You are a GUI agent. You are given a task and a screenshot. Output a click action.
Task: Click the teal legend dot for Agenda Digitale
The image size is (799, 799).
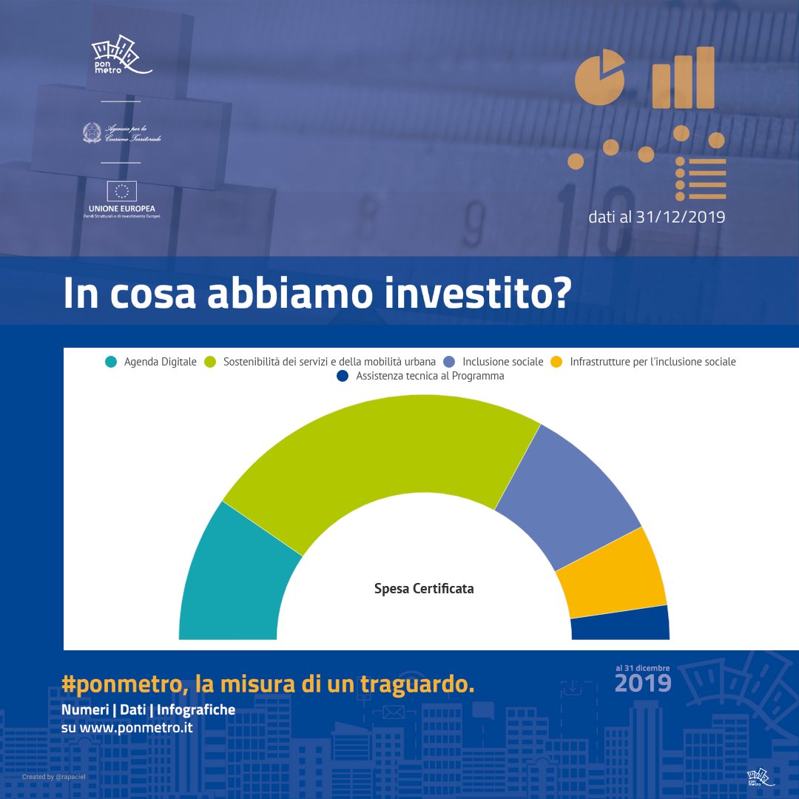[111, 362]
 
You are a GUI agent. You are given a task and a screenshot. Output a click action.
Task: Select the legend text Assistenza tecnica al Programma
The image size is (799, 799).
[430, 376]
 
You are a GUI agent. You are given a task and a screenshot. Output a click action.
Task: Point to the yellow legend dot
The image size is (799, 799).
[557, 362]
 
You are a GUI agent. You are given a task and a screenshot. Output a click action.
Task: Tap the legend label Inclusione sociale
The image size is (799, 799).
[502, 362]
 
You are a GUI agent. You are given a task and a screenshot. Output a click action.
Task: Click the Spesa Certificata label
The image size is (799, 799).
[424, 589]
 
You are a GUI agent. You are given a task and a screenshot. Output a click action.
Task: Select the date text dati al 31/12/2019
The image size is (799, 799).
[656, 218]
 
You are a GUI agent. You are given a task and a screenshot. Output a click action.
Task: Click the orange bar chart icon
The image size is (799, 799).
[684, 78]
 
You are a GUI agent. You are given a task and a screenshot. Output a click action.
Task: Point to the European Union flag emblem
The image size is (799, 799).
[122, 192]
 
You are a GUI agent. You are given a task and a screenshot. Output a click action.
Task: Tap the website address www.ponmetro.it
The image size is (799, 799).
[136, 727]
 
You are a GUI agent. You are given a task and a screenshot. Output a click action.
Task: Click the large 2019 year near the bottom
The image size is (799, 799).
[643, 683]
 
